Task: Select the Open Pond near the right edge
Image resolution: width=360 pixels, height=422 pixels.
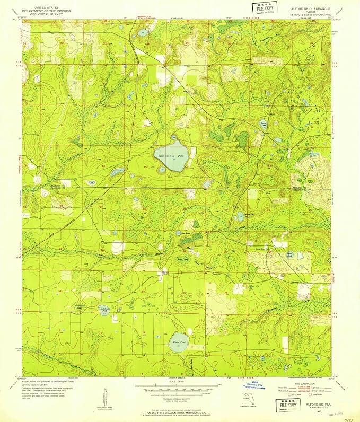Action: click(289, 255)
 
